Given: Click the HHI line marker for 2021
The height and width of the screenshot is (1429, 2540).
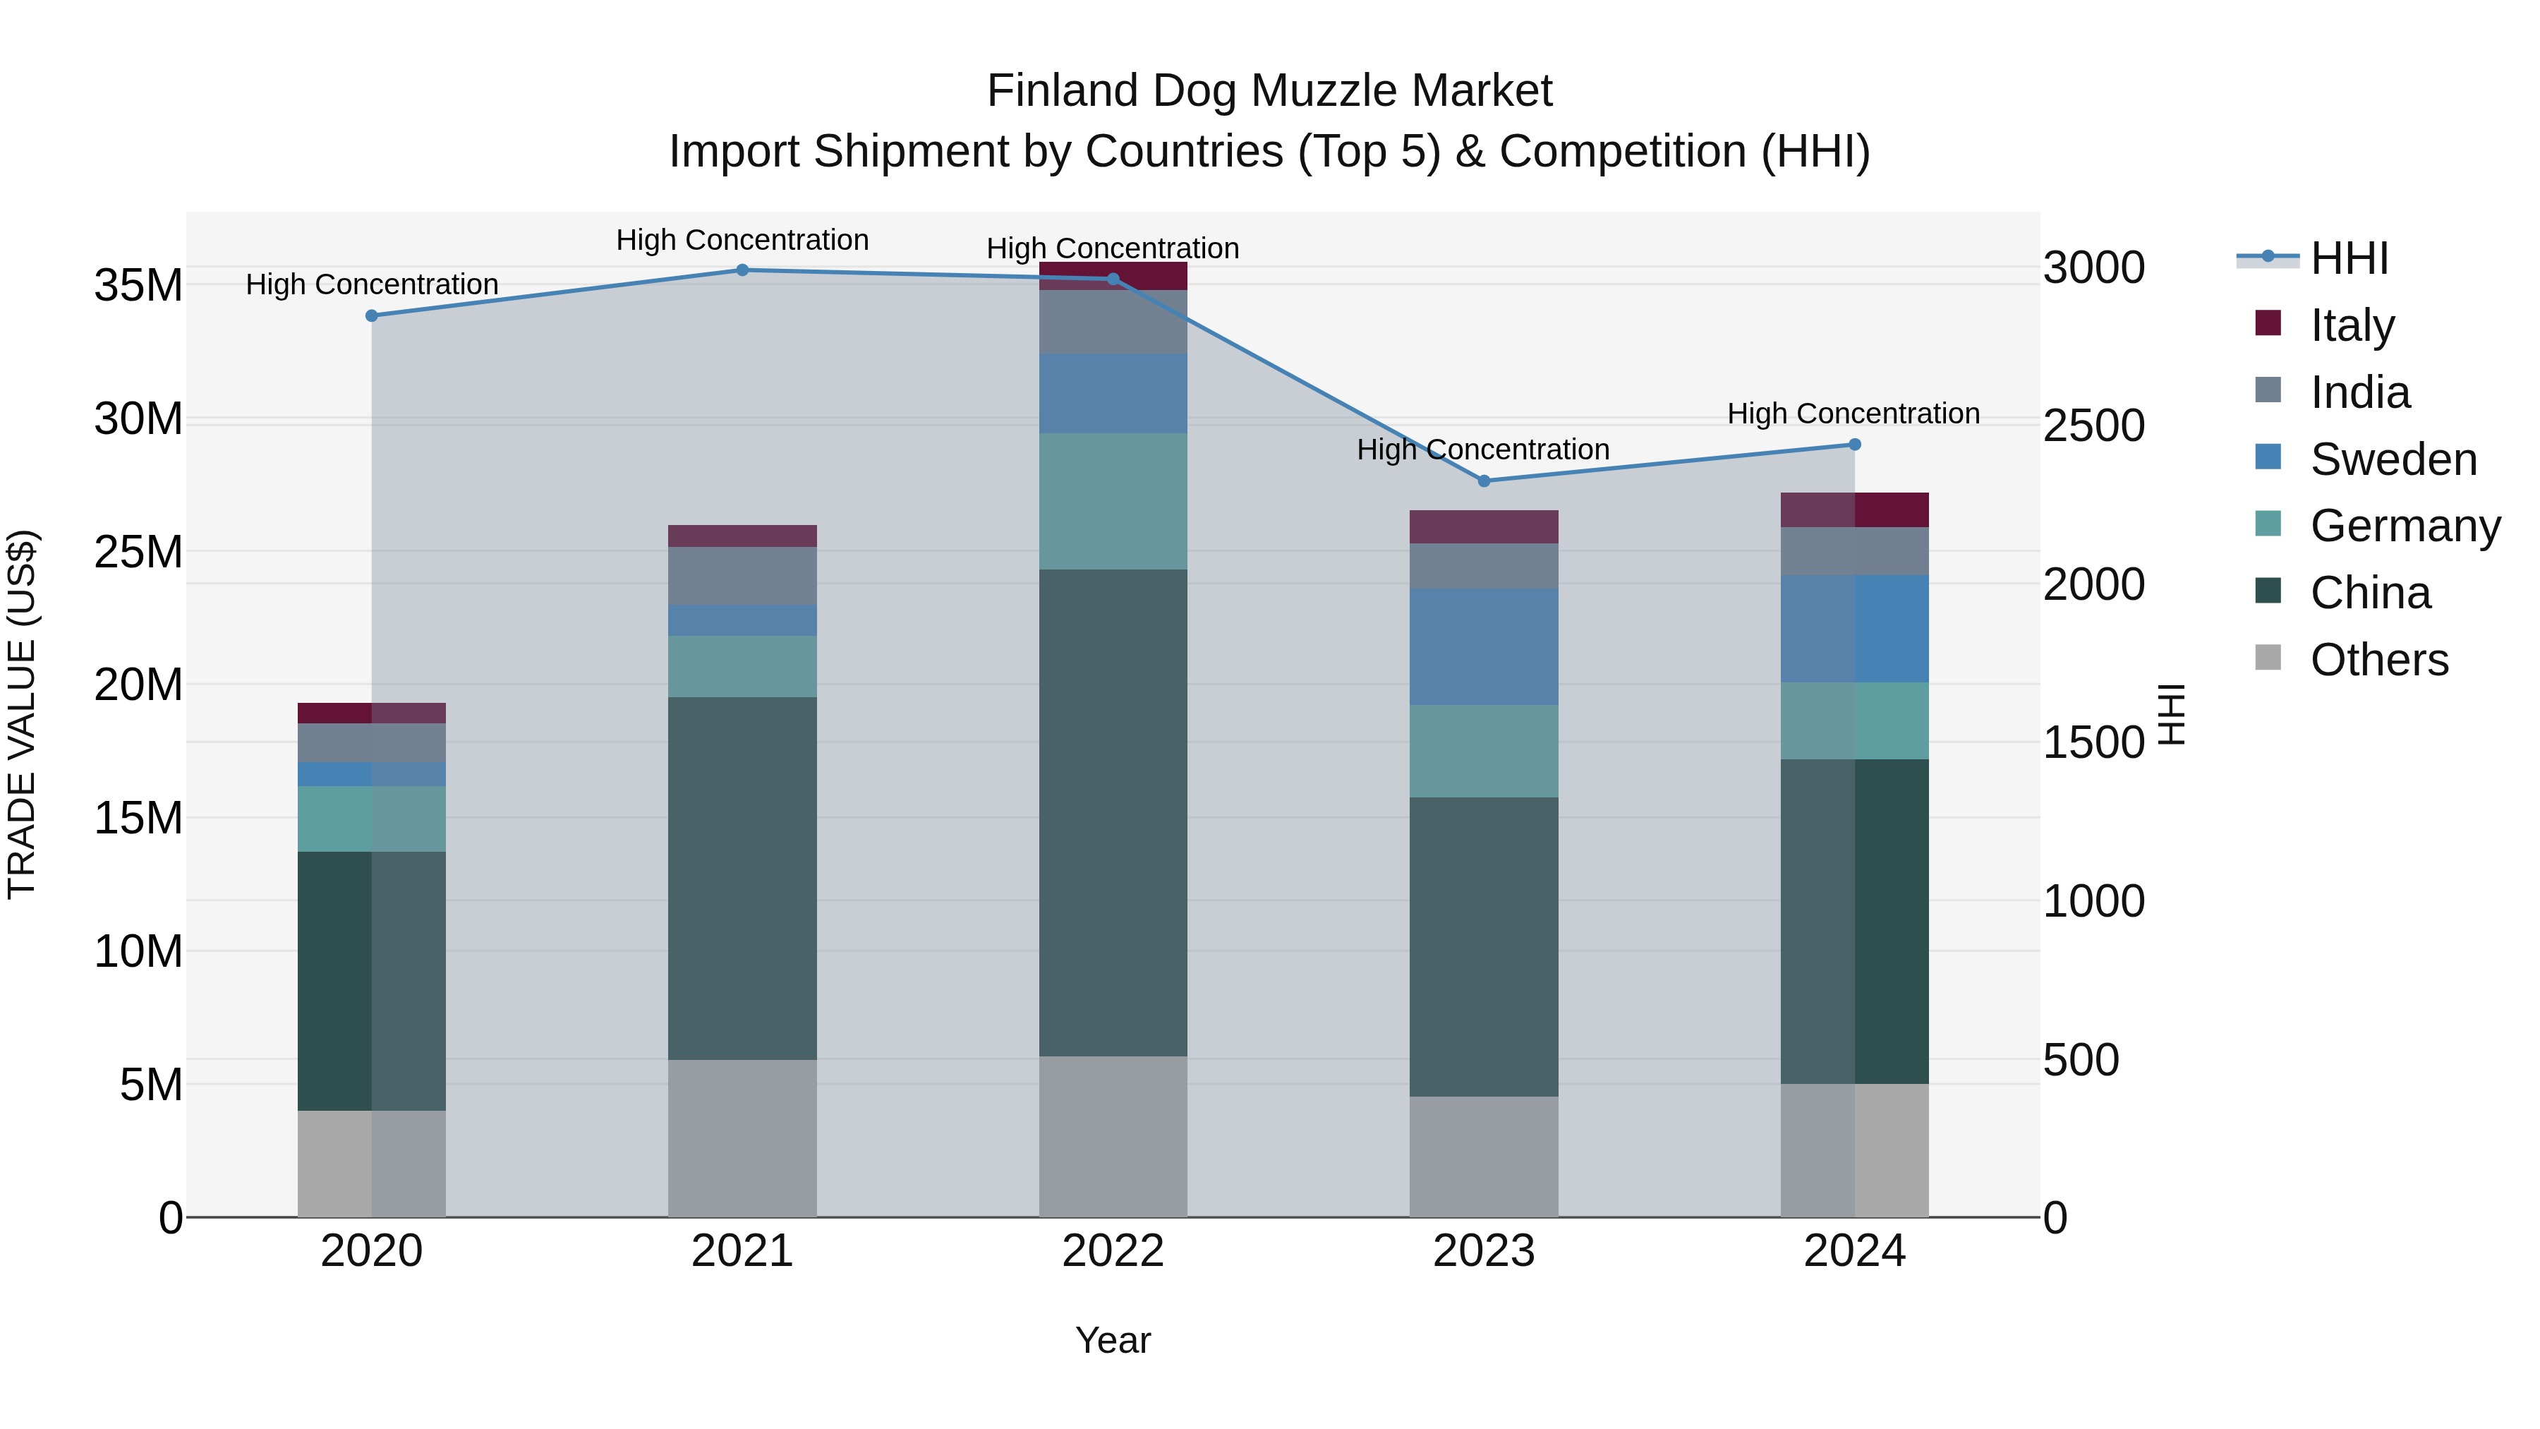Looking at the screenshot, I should pyautogui.click(x=742, y=270).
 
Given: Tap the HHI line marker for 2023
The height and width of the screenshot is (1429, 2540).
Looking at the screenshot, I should pyautogui.click(x=1484, y=481).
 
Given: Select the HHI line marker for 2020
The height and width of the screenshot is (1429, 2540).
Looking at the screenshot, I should pyautogui.click(x=372, y=315).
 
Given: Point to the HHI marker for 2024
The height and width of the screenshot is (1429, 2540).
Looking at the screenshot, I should pyautogui.click(x=1855, y=445).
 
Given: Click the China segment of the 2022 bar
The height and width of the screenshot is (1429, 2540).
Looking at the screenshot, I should pyautogui.click(x=1113, y=813).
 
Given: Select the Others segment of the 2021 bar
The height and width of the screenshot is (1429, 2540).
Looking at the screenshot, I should pyautogui.click(x=742, y=1138).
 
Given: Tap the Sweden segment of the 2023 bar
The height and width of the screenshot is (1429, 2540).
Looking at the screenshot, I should pyautogui.click(x=1484, y=647).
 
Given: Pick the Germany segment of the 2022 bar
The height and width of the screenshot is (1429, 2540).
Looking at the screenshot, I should pyautogui.click(x=1113, y=501).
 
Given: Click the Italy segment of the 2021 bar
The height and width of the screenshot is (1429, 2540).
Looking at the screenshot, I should pyautogui.click(x=742, y=536).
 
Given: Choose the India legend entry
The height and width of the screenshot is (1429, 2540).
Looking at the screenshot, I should pyautogui.click(x=2359, y=392).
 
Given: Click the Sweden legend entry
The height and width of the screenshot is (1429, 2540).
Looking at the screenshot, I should pyautogui.click(x=2393, y=459).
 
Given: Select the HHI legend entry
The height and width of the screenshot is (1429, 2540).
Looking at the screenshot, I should pyautogui.click(x=2349, y=258).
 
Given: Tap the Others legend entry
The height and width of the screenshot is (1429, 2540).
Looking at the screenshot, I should pyautogui.click(x=2378, y=660).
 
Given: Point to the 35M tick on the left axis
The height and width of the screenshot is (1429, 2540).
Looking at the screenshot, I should pyautogui.click(x=138, y=286).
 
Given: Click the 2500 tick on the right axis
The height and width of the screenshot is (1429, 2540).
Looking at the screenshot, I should pyautogui.click(x=2093, y=426).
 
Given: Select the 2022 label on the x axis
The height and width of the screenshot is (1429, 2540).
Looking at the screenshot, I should pyautogui.click(x=1113, y=1251).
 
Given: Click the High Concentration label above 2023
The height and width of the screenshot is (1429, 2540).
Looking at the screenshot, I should pyautogui.click(x=1483, y=450).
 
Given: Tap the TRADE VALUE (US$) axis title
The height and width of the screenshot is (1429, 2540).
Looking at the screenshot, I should pyautogui.click(x=22, y=714).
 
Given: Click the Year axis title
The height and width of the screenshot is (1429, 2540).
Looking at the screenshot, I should pyautogui.click(x=1113, y=1340).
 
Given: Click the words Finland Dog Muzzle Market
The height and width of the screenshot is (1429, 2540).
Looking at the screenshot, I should pyautogui.click(x=1269, y=91).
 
